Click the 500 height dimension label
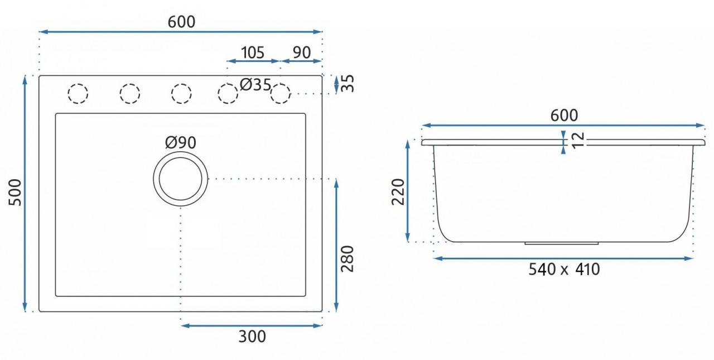pyautogui.click(x=17, y=193)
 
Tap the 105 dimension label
pyautogui.click(x=252, y=52)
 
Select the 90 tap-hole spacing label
pyautogui.click(x=301, y=52)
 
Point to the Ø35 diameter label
pyautogui.click(x=255, y=85)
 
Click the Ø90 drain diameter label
pyautogui.click(x=180, y=143)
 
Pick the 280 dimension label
pyautogui.click(x=347, y=258)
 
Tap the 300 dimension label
pyautogui.click(x=252, y=337)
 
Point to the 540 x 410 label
pyautogui.click(x=564, y=270)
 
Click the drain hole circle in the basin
pyautogui.click(x=180, y=179)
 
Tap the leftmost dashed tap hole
pyautogui.click(x=78, y=93)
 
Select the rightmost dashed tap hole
pyautogui.click(x=281, y=93)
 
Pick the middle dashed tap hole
pyautogui.click(x=181, y=93)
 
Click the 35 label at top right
pyautogui.click(x=348, y=84)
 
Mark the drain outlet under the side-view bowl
pyautogui.click(x=562, y=243)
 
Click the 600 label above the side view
pyautogui.click(x=564, y=116)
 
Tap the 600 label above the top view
pyautogui.click(x=181, y=22)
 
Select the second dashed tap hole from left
pyautogui.click(x=129, y=93)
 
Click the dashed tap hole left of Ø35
pyautogui.click(x=227, y=93)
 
